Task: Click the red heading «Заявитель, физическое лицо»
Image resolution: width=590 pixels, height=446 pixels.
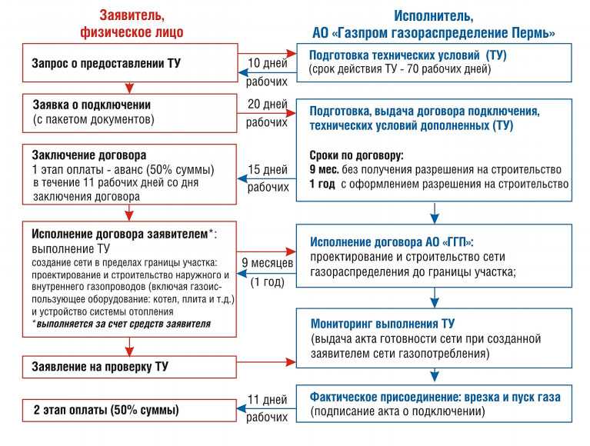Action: coord(132,24)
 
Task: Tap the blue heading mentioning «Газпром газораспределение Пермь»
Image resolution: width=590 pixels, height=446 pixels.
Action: coord(434,25)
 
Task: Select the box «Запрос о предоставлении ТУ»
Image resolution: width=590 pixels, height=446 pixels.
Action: coord(130,63)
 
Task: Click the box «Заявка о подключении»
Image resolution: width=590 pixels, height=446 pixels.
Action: coord(130,113)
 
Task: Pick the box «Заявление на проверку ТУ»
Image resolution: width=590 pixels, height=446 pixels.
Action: coord(129,367)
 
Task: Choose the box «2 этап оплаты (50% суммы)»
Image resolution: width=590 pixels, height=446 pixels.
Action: coord(129,410)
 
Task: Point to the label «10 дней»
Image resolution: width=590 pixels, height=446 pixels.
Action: coord(268,63)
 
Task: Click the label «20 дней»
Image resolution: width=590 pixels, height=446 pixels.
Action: coord(268,104)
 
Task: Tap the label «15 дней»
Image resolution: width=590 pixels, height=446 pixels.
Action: coord(268,169)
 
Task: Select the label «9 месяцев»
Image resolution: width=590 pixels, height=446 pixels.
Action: coord(267,262)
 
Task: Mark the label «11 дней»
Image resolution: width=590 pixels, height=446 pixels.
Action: coord(268,399)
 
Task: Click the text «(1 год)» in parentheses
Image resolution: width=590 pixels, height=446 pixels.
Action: coord(268,281)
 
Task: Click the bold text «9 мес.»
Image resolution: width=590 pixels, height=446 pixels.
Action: coord(324,170)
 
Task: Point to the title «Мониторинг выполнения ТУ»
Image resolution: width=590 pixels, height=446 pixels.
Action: coord(382,324)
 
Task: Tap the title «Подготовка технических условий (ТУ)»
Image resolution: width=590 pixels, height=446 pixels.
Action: coord(408,55)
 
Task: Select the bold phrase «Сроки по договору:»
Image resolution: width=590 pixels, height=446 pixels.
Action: coord(356,155)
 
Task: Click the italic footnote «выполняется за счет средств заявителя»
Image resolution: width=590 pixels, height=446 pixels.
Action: coord(123,324)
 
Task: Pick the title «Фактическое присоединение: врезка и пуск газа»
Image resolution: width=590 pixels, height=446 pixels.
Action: coord(435,397)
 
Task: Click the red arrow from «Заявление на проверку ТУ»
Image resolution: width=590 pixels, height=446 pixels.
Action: coord(266,362)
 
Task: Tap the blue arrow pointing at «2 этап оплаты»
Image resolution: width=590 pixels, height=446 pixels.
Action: coord(266,409)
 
